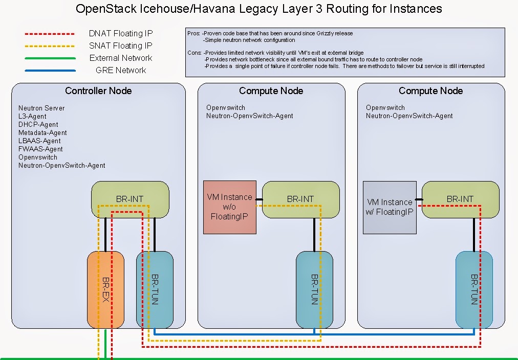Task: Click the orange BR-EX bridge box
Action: (x=105, y=289)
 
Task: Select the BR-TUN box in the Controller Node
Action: (x=155, y=289)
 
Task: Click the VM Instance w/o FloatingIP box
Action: (x=229, y=207)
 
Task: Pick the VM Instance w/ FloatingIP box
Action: (x=390, y=207)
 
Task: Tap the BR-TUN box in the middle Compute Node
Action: (x=314, y=289)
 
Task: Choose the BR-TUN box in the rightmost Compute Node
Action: (x=474, y=289)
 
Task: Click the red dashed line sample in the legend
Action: (x=50, y=34)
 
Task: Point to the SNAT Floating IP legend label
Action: (x=121, y=46)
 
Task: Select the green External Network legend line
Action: (x=50, y=58)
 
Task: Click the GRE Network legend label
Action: (x=121, y=70)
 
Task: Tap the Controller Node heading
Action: (x=98, y=91)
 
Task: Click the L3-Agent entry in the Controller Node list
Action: (x=32, y=116)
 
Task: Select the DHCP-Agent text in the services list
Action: (x=38, y=124)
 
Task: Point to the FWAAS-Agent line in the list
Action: (x=40, y=149)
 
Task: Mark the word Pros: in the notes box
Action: (x=194, y=34)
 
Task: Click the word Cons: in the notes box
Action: (x=195, y=53)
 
